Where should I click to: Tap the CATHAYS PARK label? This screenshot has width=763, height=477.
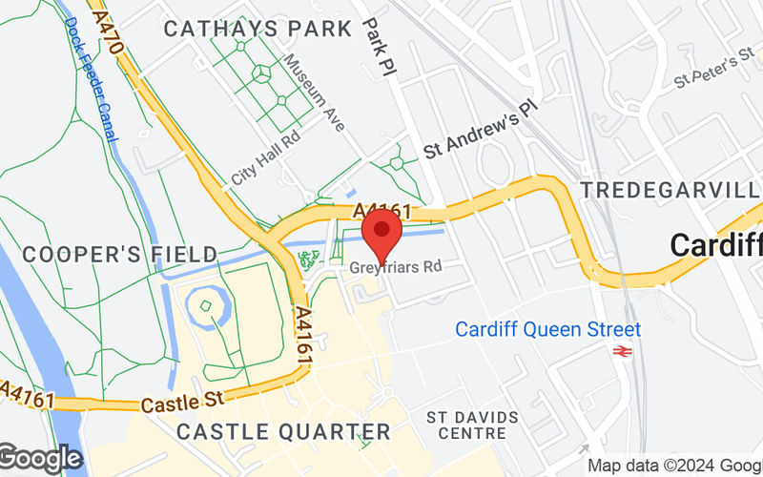258,29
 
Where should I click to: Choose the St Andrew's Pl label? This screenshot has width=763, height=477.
482,130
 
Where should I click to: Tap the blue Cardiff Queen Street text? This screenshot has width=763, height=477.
547,329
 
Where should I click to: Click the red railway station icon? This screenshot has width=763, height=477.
625,352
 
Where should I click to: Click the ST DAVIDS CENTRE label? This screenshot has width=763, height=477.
472,425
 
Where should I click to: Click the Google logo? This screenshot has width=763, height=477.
40,459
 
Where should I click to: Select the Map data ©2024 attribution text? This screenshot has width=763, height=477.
673,466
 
